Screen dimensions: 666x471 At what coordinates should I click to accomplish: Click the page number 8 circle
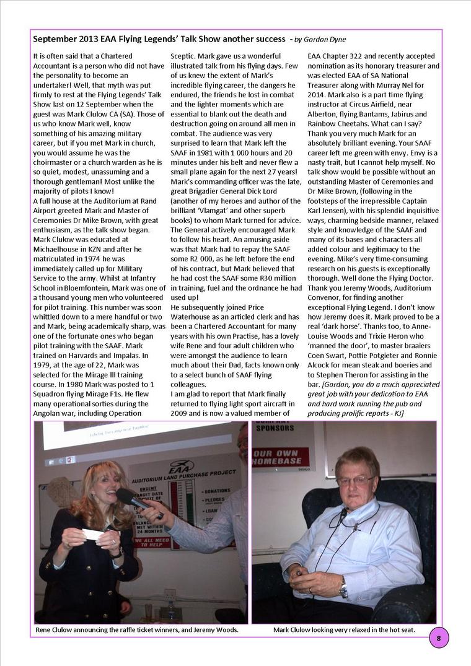click(439, 638)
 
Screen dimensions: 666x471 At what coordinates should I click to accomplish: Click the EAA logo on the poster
click(182, 465)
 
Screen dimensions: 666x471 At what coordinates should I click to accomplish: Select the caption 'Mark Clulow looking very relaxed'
click(344, 630)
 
